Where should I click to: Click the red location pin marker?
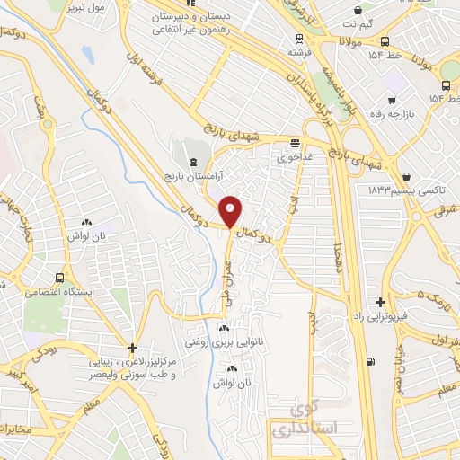point(231,212)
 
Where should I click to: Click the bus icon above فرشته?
point(299,40)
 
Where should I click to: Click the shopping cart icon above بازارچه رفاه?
point(391,102)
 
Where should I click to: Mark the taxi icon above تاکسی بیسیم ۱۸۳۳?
point(410,176)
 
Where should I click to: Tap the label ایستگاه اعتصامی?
point(55,293)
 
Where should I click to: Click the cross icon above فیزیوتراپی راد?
point(382,302)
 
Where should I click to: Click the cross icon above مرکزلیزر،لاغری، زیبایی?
point(132,348)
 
